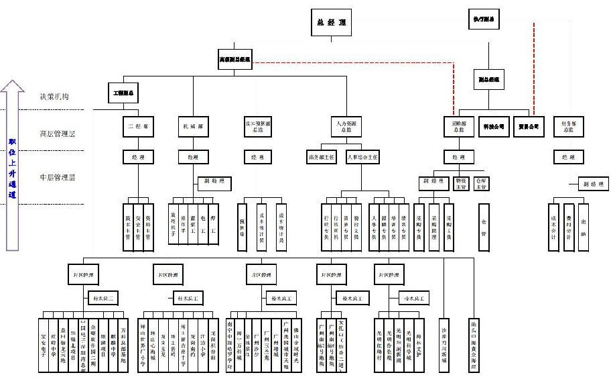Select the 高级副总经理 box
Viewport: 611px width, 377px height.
234,60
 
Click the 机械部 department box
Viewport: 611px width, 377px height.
193,125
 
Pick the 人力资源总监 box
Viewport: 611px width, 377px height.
347,125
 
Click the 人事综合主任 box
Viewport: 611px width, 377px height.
362,158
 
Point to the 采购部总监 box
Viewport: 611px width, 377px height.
459,126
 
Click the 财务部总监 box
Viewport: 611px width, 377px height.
568,126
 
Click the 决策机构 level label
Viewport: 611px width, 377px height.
54,97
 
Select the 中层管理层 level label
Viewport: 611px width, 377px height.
58,177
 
